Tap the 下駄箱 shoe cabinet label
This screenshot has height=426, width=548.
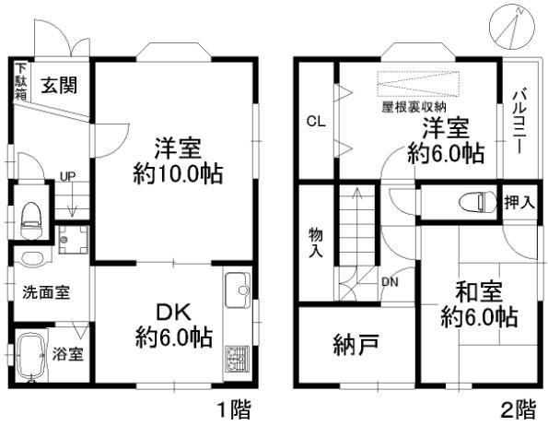pyautogui.click(x=20, y=81)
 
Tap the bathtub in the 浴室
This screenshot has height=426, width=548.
pyautogui.click(x=32, y=353)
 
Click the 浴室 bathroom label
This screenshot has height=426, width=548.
pyautogui.click(x=68, y=353)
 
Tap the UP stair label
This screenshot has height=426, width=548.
pyautogui.click(x=67, y=176)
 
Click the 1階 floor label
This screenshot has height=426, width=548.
pyautogui.click(x=233, y=408)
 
